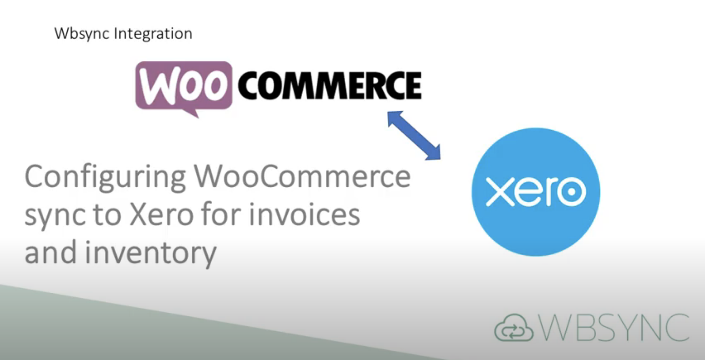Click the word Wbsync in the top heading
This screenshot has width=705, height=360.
point(83,34)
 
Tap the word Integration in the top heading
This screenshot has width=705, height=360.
point(153,34)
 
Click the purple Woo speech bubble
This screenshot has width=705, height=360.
point(183,86)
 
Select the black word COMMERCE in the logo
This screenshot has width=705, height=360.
point(329,85)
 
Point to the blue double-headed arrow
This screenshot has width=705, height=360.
point(414,135)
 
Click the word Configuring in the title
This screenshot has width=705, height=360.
point(105,177)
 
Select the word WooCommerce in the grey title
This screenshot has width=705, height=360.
point(302,176)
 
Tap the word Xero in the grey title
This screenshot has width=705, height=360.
point(161,214)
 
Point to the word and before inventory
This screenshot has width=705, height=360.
point(50,252)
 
